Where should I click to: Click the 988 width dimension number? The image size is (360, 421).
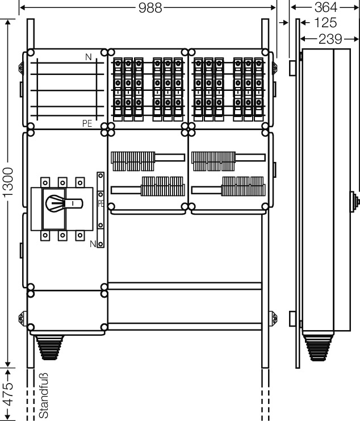tap(150, 8)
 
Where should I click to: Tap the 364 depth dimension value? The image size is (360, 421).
tap(326, 7)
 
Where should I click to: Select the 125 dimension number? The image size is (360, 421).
tap(325, 23)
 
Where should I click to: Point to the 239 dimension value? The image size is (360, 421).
tap(330, 39)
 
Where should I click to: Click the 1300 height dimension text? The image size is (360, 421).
tap(8, 182)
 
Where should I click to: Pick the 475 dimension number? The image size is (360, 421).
tap(8, 394)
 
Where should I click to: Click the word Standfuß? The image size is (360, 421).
tap(44, 395)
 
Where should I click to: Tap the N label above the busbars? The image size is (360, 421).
tap(88, 57)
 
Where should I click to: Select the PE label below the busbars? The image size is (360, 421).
tap(87, 123)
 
